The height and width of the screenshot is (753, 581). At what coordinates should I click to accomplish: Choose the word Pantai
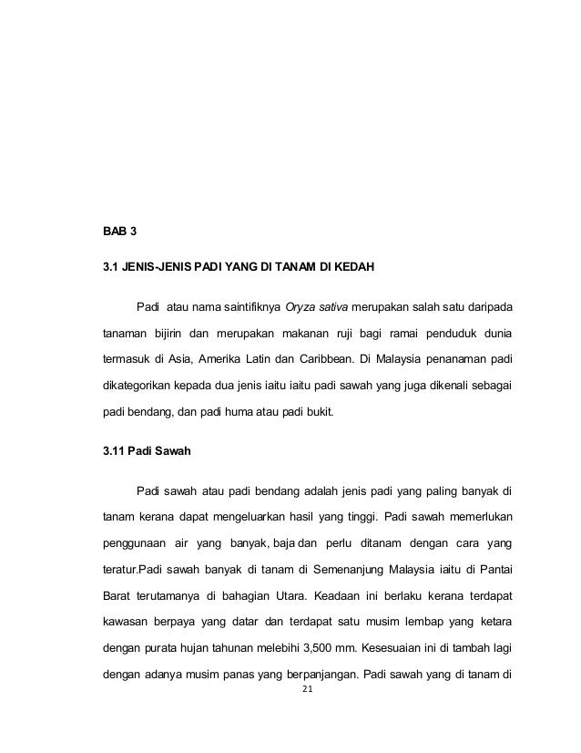pos(493,571)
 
